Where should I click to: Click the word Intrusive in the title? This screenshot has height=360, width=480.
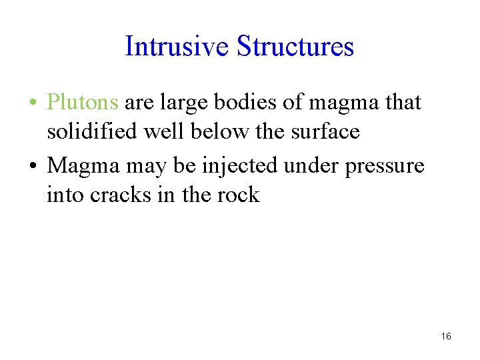(177, 47)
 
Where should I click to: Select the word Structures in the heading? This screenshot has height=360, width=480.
(295, 47)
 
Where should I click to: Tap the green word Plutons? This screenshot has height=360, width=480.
(83, 103)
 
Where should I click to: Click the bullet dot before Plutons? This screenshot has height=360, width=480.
(33, 103)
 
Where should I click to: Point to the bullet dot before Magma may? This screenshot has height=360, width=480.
(33, 165)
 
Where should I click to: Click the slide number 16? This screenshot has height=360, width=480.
(446, 336)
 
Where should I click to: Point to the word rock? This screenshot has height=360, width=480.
(239, 195)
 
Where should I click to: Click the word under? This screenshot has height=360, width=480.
(311, 165)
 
